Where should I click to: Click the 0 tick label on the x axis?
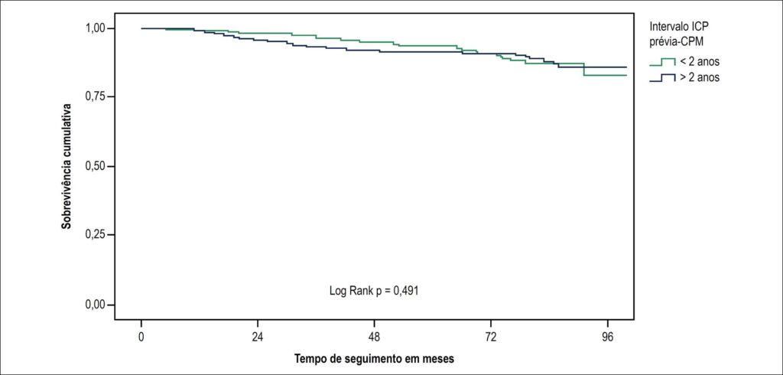[x=141, y=336]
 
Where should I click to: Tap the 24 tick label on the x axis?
[x=258, y=336]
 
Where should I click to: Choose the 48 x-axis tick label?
[x=375, y=336]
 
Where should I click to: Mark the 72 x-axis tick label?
[x=491, y=336]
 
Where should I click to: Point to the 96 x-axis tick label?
[x=607, y=336]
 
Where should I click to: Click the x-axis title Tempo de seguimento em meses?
[x=374, y=359]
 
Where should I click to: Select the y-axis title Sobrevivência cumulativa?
[x=67, y=166]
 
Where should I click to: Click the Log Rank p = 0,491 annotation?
[x=374, y=291]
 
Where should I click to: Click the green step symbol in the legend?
[x=662, y=62]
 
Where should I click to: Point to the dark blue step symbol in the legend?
[x=662, y=77]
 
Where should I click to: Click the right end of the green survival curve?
[x=626, y=75]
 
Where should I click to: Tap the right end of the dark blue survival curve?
[x=626, y=67]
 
